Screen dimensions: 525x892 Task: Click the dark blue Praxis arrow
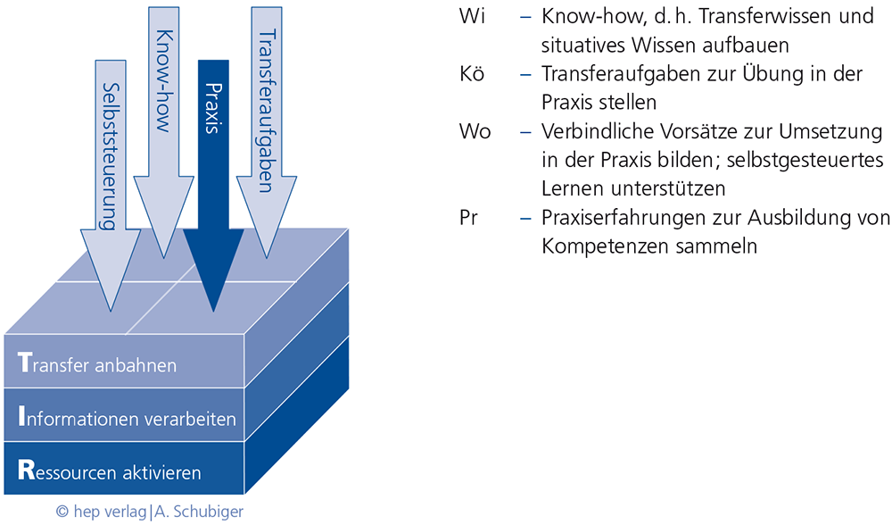tap(213, 161)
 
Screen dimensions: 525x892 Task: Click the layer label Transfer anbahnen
tap(97, 364)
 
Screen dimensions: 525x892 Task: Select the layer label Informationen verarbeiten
tap(127, 418)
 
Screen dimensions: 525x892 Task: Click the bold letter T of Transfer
tap(24, 363)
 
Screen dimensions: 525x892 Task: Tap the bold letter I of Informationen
tap(21, 417)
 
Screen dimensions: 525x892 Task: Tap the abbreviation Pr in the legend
tap(468, 218)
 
